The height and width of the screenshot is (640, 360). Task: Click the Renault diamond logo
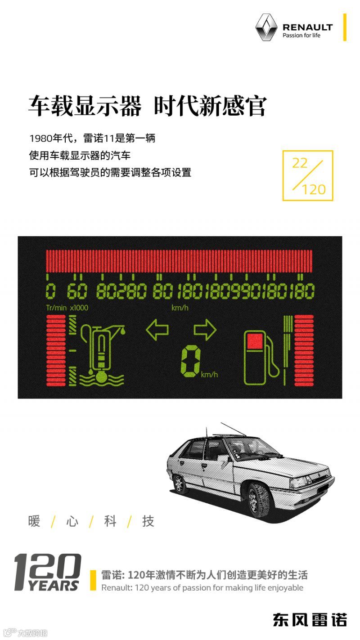point(265,27)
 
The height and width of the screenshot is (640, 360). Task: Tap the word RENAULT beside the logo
point(307,27)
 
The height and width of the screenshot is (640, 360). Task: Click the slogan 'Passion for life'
point(301,36)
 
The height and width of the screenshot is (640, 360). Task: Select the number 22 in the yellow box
point(299,163)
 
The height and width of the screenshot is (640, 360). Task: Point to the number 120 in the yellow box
point(314,189)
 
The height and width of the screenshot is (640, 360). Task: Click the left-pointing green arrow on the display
point(157,330)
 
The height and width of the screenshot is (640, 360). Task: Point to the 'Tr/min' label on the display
point(56,308)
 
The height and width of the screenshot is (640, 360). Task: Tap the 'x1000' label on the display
point(79,308)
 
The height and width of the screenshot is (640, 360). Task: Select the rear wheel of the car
point(179,484)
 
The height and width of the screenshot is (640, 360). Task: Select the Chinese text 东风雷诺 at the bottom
point(310,620)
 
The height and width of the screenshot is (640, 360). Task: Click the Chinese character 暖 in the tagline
point(34,521)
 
